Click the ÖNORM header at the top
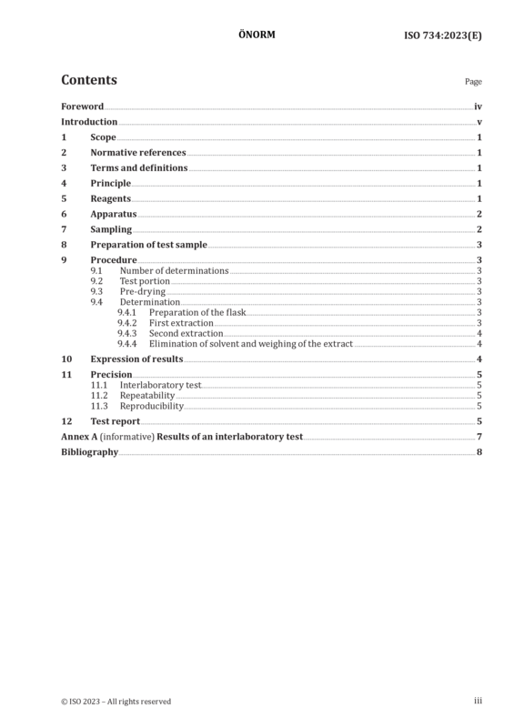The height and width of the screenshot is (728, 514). coord(257,35)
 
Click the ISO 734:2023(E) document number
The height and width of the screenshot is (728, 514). coord(443,35)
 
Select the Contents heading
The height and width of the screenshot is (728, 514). coord(89,80)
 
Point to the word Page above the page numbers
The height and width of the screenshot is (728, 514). coord(474,82)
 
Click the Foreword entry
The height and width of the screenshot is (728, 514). coord(83,106)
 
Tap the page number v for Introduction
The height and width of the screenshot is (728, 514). coord(479,122)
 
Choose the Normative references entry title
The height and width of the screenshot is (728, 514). coord(138,152)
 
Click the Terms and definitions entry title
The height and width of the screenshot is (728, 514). coord(139,167)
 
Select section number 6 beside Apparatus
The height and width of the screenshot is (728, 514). coord(64,214)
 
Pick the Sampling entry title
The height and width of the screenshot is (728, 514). coord(111,229)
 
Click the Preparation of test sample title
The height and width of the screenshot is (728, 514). coord(149,245)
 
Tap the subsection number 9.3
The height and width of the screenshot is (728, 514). coord(96,291)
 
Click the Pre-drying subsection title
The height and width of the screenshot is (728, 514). coord(143,291)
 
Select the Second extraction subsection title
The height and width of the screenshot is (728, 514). coord(186,333)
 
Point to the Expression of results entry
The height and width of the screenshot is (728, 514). coord(137,359)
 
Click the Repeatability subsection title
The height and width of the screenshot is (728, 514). coord(147,396)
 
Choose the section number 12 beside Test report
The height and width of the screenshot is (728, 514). coord(66,421)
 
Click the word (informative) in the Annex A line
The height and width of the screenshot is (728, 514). coord(127,437)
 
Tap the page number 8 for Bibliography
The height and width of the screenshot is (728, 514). coord(479,452)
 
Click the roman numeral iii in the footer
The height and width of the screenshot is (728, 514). coord(478,701)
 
